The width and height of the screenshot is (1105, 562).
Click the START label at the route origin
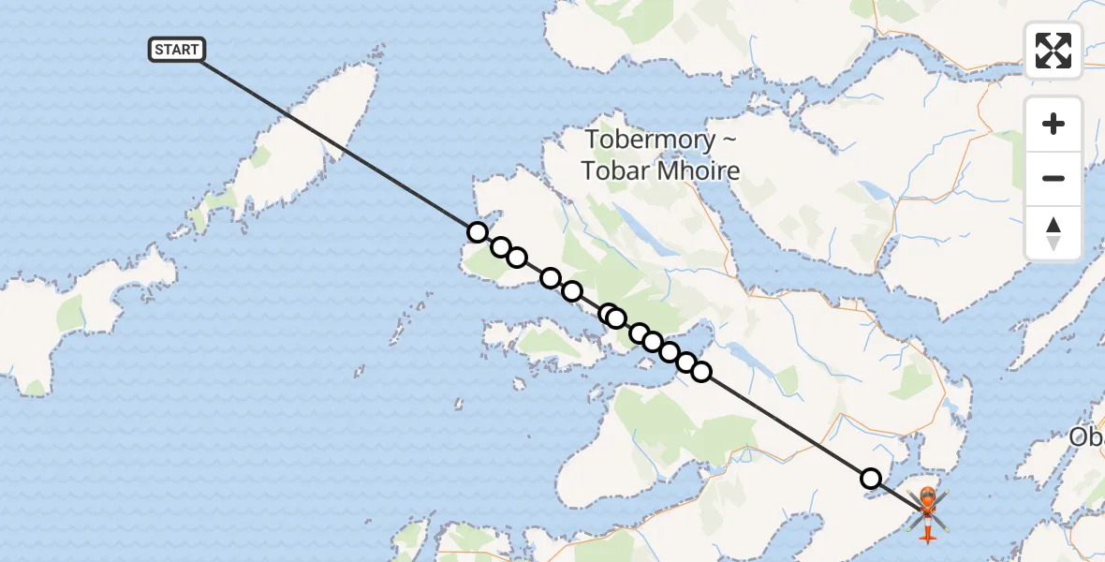point(176,50)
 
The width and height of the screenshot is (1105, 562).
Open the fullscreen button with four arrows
point(1053,51)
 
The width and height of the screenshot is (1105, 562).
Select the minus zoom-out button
point(1053,178)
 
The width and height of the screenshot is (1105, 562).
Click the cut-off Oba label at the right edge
point(1087,437)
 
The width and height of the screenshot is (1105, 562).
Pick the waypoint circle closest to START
point(478,232)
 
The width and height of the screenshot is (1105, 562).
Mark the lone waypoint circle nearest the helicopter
point(871,479)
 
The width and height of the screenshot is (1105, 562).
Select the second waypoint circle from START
point(501,247)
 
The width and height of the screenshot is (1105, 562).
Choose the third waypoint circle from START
point(517,258)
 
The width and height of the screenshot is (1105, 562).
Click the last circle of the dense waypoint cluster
point(701,372)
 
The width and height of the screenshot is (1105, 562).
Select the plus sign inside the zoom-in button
point(1053,124)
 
